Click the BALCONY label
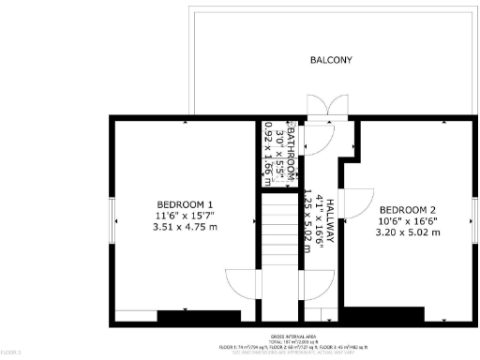331,61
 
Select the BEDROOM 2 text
408,209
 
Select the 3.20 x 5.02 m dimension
408,232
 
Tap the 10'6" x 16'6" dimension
408,220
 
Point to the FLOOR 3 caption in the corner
10,352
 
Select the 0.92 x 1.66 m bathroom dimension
269,150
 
